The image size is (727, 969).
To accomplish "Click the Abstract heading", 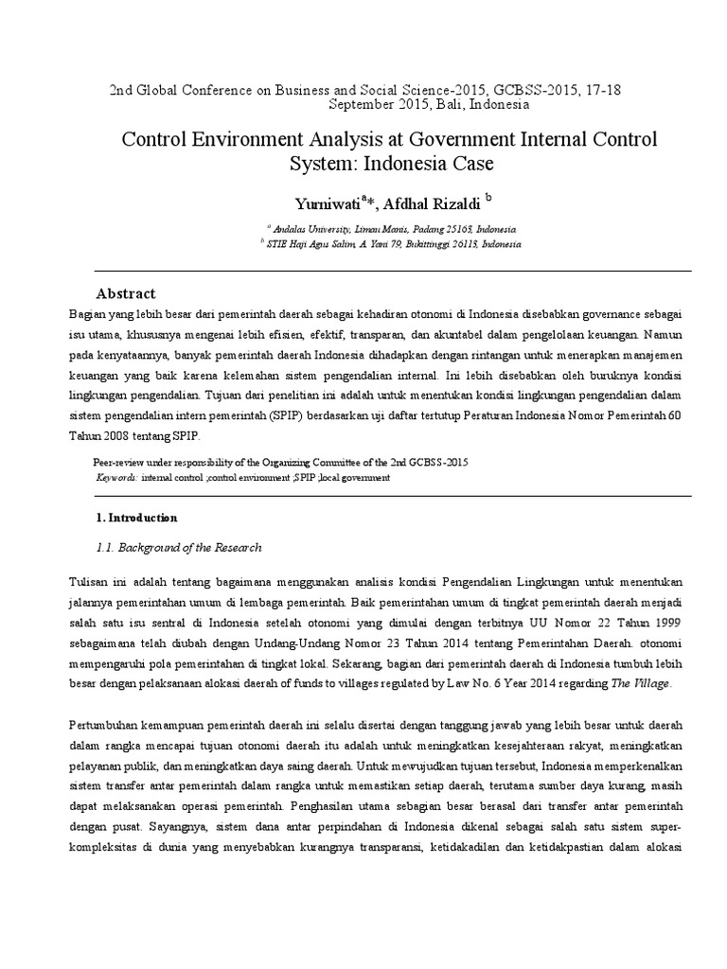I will click(x=126, y=293).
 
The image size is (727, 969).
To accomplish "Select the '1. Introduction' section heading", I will click(x=137, y=518).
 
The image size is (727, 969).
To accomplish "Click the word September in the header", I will click(x=363, y=105).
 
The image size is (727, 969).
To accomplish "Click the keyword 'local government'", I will click(x=356, y=478).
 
